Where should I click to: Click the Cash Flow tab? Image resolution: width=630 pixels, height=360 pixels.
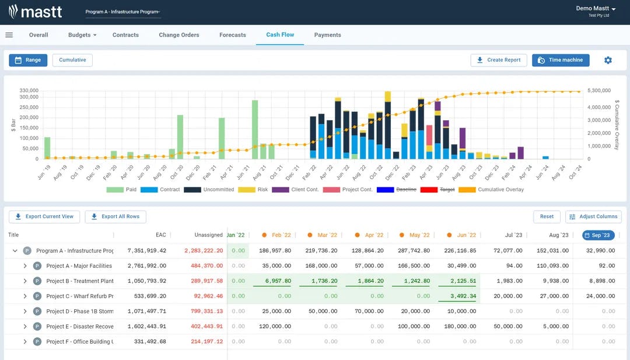click(x=280, y=35)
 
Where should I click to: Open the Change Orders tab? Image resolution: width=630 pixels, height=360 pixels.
click(x=178, y=35)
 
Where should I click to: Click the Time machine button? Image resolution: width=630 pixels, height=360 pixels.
click(x=561, y=60)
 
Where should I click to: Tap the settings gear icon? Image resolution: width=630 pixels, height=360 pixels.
click(x=608, y=60)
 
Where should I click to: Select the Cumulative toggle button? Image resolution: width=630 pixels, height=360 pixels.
click(x=72, y=60)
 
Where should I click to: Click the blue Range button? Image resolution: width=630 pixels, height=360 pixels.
click(x=28, y=60)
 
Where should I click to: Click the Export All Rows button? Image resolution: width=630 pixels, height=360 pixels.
click(x=116, y=216)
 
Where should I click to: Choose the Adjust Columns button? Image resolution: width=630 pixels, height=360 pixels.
click(x=593, y=216)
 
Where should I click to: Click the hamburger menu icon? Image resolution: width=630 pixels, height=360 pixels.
click(x=9, y=35)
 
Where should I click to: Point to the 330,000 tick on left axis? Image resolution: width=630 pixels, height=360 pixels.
click(x=29, y=91)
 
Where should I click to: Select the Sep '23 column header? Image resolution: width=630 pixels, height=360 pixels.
click(x=598, y=235)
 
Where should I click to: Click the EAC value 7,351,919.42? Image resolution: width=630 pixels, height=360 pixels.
click(x=146, y=251)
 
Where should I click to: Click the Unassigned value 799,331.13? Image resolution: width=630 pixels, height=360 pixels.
click(x=203, y=312)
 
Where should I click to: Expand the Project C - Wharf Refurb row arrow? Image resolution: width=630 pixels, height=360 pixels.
click(x=25, y=296)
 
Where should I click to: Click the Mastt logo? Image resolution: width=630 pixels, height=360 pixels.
click(x=36, y=11)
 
